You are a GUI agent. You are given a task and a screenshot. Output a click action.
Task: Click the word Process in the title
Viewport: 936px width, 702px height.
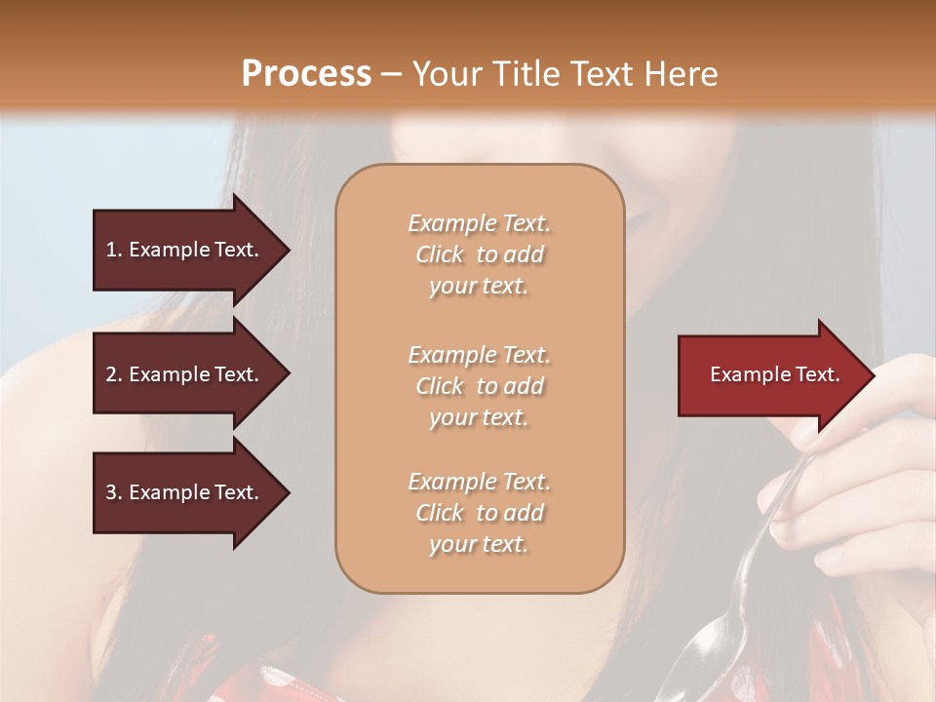[306, 73]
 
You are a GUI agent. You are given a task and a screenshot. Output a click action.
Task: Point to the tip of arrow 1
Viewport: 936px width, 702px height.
[288, 250]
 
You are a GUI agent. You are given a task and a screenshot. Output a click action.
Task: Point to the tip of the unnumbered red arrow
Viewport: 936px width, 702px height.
[874, 375]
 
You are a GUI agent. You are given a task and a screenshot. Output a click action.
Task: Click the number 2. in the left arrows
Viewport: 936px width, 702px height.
[114, 374]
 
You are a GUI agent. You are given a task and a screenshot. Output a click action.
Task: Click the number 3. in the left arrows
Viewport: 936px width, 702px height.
[114, 492]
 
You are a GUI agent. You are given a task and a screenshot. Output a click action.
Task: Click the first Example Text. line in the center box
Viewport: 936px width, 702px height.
[479, 223]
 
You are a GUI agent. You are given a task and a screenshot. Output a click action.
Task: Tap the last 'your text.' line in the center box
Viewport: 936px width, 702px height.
[479, 544]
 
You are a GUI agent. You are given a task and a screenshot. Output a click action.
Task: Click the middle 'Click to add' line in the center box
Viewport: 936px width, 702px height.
[479, 386]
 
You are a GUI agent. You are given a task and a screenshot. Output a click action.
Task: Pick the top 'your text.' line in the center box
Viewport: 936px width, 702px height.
[479, 286]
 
